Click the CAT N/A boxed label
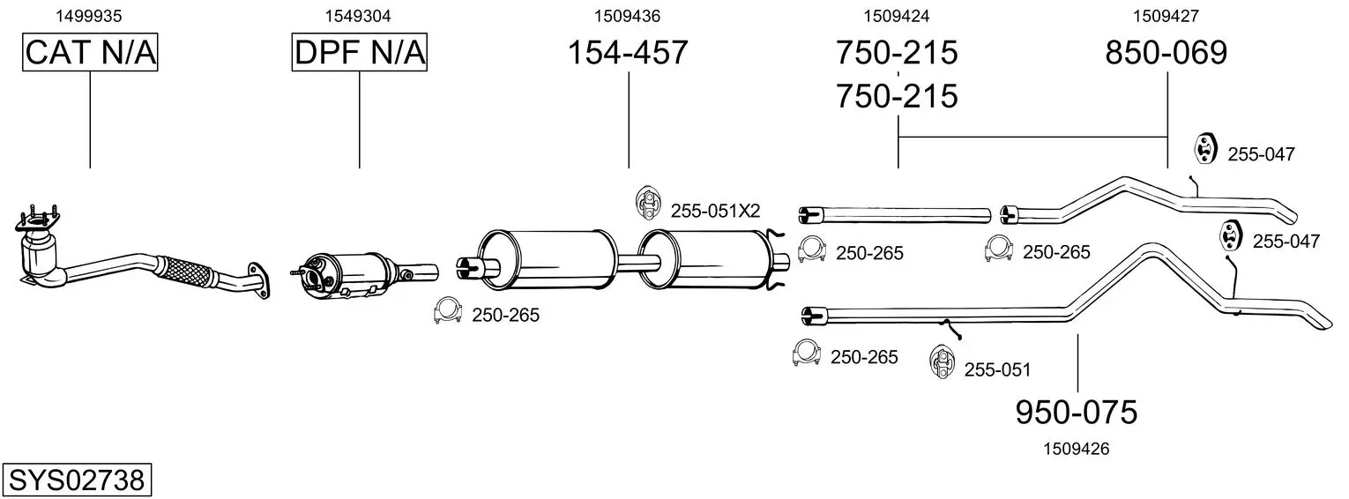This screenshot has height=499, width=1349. point(90,52)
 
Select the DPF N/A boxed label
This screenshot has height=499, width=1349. point(360,52)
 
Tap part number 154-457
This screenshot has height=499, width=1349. point(628,52)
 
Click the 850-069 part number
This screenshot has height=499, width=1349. point(1166,52)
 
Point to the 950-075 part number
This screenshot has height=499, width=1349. point(1077,413)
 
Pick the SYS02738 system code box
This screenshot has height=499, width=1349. point(77,480)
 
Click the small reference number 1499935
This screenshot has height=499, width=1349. point(89,16)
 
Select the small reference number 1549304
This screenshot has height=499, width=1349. point(358,16)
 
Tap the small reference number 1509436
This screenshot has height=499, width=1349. point(628,16)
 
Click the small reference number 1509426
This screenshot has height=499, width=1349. point(1077,449)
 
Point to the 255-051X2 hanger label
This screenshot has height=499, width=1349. point(715,211)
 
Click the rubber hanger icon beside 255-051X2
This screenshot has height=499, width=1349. point(648,203)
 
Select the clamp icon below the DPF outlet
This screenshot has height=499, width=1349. point(447,310)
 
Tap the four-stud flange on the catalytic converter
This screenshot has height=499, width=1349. point(37,221)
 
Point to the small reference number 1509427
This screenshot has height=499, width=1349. point(1166,16)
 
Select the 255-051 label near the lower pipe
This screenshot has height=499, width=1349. point(997,369)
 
